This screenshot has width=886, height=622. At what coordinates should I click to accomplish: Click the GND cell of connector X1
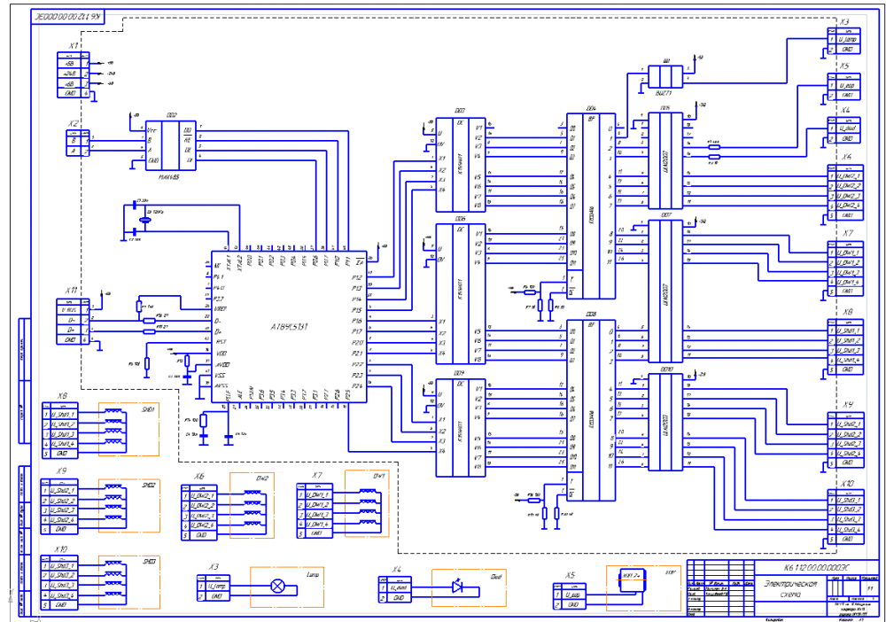(68, 92)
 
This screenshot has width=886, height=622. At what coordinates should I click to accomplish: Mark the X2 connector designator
(74, 123)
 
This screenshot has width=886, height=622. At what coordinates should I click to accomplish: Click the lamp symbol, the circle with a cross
(278, 586)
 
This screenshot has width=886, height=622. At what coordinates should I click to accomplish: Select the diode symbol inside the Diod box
(457, 586)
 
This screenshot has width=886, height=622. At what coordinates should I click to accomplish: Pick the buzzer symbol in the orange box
(633, 581)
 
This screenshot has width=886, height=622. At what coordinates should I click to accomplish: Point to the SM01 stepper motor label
(149, 410)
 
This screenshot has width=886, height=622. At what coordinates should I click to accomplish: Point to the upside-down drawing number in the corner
(67, 18)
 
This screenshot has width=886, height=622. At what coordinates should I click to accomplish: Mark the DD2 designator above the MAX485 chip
(172, 116)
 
